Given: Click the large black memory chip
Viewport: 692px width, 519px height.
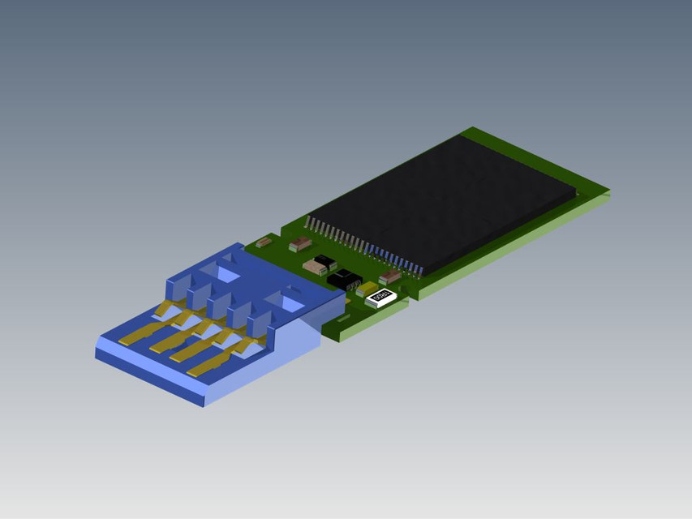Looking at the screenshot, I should pyautogui.click(x=454, y=203).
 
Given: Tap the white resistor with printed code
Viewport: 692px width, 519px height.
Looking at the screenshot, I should pyautogui.click(x=381, y=297).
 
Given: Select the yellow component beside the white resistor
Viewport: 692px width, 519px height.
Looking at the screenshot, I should pyautogui.click(x=365, y=289).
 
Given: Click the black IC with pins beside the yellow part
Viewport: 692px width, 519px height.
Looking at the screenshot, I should pyautogui.click(x=346, y=279).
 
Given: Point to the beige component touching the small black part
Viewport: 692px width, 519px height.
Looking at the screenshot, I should pyautogui.click(x=314, y=266).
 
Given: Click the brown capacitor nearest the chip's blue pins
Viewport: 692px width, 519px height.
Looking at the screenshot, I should pyautogui.click(x=391, y=277).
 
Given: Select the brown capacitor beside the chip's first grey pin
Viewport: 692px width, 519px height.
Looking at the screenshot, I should pyautogui.click(x=299, y=242).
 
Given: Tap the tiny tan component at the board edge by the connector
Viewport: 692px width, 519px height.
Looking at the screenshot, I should pyautogui.click(x=264, y=242).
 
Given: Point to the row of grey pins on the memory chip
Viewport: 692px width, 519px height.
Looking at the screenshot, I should pyautogui.click(x=333, y=233).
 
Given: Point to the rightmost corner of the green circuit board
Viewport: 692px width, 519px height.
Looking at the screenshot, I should pyautogui.click(x=607, y=192).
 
